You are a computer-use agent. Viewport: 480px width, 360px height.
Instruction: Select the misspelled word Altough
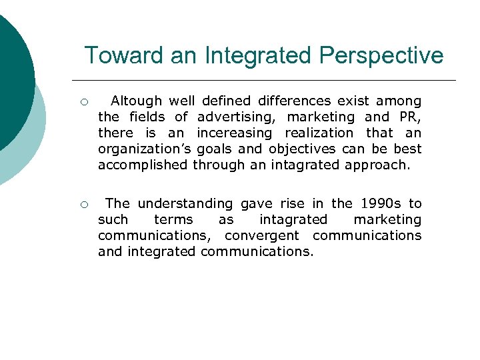[x=136, y=101]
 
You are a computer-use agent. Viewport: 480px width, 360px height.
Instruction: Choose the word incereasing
[x=235, y=133]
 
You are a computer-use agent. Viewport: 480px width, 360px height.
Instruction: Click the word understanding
[x=185, y=203]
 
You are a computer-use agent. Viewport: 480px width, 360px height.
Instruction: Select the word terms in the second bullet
[x=173, y=219]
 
